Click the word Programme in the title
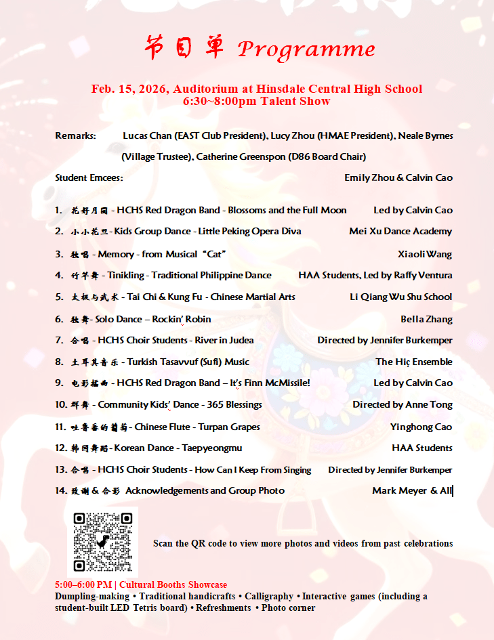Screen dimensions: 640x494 [x=306, y=49]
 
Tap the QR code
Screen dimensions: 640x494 [x=102, y=542]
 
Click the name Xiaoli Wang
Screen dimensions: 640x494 [x=425, y=254]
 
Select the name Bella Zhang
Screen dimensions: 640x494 [x=426, y=319]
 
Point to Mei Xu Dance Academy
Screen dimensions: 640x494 [x=400, y=231]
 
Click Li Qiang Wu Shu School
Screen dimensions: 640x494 [x=400, y=297]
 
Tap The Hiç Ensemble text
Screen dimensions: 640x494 [x=414, y=362]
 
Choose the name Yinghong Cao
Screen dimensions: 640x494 [x=421, y=427]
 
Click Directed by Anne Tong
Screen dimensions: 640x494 [x=403, y=404]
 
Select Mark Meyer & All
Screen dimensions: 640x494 [x=412, y=490]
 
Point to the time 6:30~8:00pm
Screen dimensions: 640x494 [x=218, y=101]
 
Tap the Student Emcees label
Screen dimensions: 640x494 [x=89, y=177]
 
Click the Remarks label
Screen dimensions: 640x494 [x=75, y=135]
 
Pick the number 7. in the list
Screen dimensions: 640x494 [x=60, y=340]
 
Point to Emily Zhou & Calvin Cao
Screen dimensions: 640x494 [x=398, y=177]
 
